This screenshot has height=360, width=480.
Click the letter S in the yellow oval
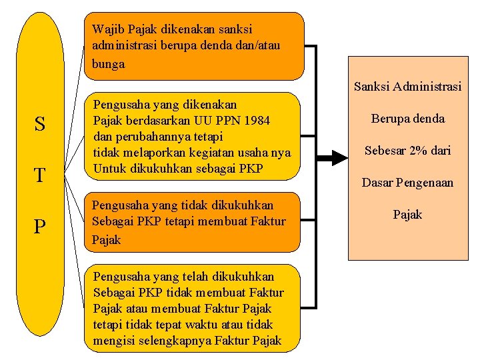40,124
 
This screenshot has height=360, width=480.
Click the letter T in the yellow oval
40,176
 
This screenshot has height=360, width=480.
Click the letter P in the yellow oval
40,228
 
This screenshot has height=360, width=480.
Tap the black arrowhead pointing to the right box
339,158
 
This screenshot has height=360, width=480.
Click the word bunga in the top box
109,64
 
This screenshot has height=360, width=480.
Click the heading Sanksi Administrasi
407,87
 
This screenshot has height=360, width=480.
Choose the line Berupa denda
407,119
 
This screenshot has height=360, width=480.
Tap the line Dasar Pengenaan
407,182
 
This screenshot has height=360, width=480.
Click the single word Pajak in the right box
407,214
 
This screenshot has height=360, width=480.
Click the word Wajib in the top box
108,29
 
